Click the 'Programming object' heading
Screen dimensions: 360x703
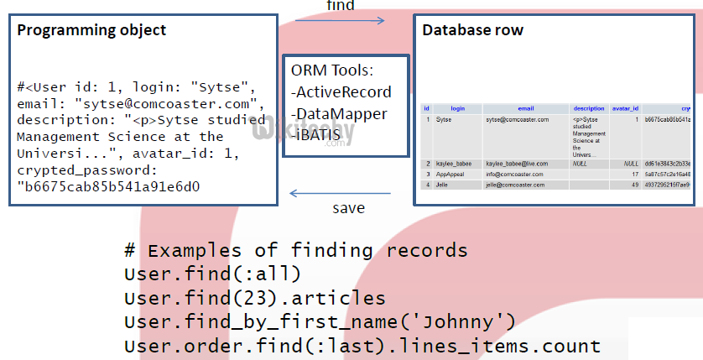click(92, 31)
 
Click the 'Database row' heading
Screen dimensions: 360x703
click(472, 30)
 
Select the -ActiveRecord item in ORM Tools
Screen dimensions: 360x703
click(341, 91)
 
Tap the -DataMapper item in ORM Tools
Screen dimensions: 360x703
click(339, 112)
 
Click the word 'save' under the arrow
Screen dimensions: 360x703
click(349, 208)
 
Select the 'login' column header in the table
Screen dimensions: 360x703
click(457, 108)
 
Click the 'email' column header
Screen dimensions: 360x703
click(525, 108)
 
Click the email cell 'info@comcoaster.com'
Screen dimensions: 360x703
click(513, 174)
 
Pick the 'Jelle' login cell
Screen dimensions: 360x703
click(441, 184)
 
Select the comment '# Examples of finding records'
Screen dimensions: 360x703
click(295, 250)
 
